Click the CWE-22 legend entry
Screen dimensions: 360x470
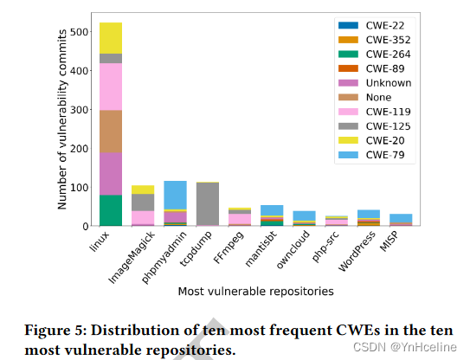[x=376, y=26]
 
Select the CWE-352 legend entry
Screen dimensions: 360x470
[x=376, y=40]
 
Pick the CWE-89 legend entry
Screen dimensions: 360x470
[x=376, y=68]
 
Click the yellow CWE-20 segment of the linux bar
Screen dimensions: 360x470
[x=111, y=38]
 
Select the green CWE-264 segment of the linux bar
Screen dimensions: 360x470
[x=111, y=210]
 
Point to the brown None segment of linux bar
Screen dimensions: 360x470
[x=111, y=131]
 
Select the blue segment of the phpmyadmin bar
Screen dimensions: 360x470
[x=175, y=195]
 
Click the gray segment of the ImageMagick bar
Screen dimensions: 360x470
[x=143, y=202]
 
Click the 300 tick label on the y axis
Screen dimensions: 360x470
[x=79, y=110]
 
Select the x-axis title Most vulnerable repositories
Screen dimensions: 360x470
[x=255, y=292]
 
